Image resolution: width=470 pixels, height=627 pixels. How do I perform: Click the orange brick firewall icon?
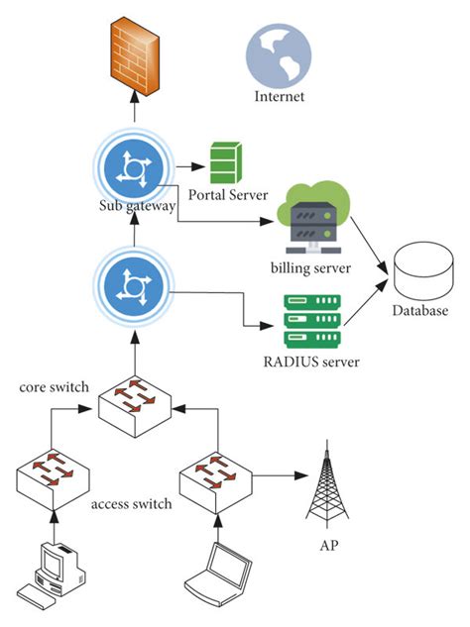(x=135, y=56)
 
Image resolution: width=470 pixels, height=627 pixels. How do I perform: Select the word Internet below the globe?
(x=280, y=96)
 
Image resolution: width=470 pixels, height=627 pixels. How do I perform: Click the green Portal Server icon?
(x=226, y=162)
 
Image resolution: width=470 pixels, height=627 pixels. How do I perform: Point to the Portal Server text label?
(x=228, y=195)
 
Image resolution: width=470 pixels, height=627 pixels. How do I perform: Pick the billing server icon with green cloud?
(x=313, y=218)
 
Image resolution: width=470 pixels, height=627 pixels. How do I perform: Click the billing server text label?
(x=310, y=267)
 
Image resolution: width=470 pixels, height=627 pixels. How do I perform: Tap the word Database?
(x=420, y=311)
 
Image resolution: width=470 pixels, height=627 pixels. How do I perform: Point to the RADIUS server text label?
(x=311, y=362)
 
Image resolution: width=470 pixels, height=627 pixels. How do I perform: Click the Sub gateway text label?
(x=137, y=206)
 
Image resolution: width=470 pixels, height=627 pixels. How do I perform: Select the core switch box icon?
(x=135, y=407)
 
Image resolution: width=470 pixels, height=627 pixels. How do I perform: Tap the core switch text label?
(x=55, y=387)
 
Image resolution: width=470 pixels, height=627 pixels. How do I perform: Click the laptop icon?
(x=218, y=575)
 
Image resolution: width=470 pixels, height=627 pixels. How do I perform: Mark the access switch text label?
(x=131, y=504)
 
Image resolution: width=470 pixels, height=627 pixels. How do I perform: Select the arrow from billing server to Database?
(x=369, y=246)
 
